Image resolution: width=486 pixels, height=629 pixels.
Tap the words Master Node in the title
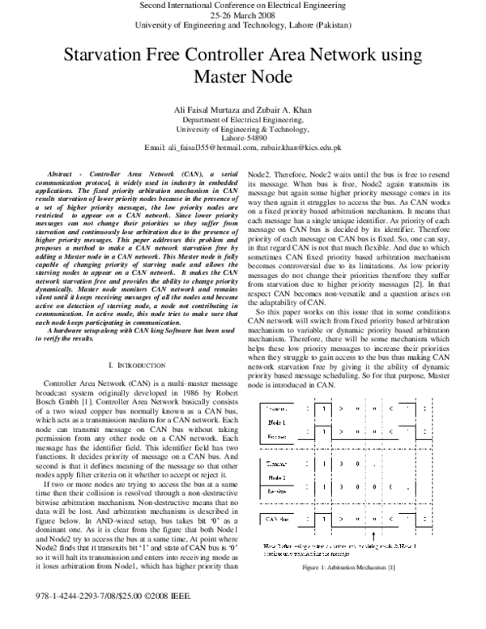coord(242,78)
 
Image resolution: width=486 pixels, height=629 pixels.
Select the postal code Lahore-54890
coord(242,138)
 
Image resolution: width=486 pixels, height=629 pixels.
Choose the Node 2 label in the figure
coord(277,479)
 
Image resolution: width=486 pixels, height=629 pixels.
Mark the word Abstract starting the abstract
coord(66,175)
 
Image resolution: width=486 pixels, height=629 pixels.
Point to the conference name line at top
coord(242,5)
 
